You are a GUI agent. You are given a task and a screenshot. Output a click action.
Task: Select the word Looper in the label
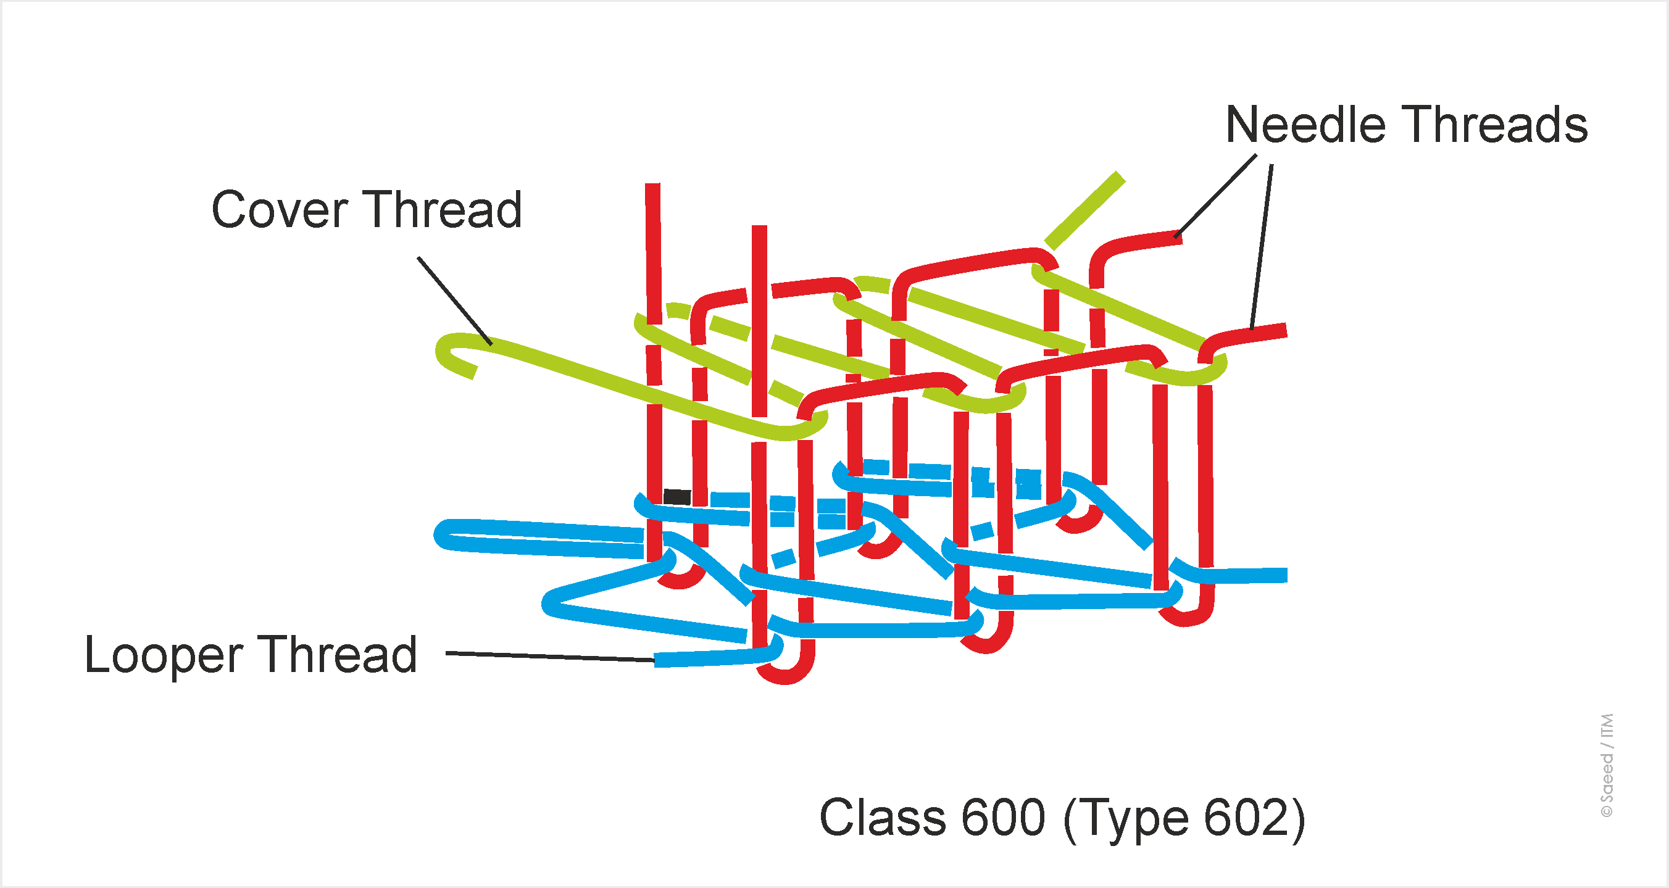click(x=164, y=655)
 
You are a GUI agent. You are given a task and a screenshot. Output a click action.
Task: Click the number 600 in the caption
click(x=1003, y=818)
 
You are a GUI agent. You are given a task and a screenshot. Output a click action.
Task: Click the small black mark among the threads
click(x=677, y=497)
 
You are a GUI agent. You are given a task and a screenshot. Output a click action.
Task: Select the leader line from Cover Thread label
click(x=454, y=301)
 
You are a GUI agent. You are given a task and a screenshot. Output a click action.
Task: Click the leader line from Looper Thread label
click(x=551, y=657)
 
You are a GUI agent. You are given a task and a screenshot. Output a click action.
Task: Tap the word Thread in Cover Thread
click(x=446, y=210)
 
